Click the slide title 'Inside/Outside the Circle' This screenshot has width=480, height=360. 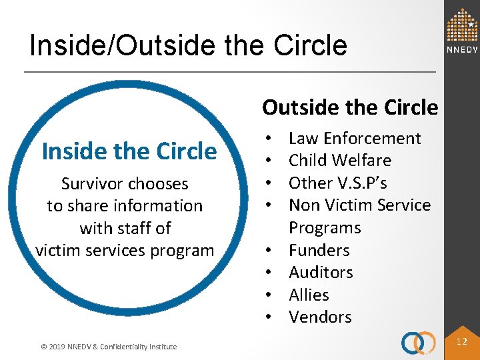[x=189, y=45]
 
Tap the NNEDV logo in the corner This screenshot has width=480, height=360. [x=462, y=31]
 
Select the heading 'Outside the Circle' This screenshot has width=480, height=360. [x=350, y=107]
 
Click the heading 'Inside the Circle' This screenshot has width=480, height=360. [x=129, y=151]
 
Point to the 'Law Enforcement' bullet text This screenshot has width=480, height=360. [x=354, y=138]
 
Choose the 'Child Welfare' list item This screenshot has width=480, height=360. [x=339, y=160]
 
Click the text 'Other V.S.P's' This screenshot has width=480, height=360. [x=337, y=183]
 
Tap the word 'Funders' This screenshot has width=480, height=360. [x=319, y=250]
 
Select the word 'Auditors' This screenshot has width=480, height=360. [x=321, y=272]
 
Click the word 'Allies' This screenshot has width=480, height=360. [x=309, y=295]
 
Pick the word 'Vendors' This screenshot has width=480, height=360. [x=320, y=317]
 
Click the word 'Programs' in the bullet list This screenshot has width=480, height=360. [x=324, y=227]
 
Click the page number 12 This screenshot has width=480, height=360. [x=461, y=341]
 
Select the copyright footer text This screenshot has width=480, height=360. [x=108, y=346]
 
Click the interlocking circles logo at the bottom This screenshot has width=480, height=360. [x=418, y=343]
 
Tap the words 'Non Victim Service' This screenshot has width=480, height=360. [x=359, y=205]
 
